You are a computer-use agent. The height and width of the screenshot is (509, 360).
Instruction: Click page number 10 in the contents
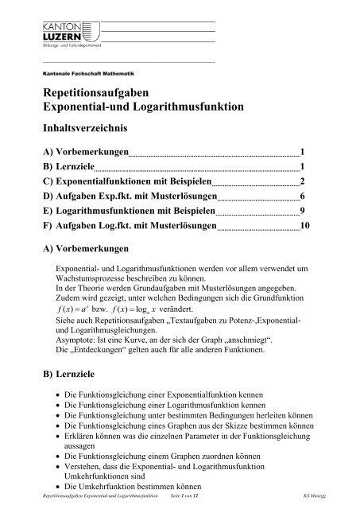click(x=305, y=227)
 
